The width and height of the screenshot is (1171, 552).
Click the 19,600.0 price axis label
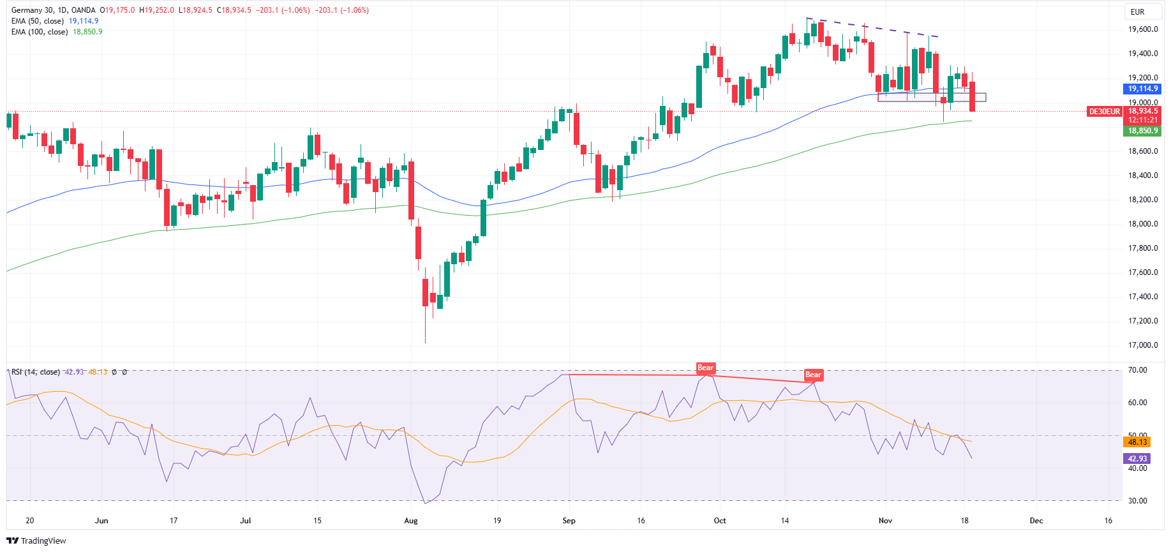pos(1143,29)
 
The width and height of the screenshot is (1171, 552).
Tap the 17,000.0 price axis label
pos(1143,345)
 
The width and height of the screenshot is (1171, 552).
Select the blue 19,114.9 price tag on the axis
pos(1142,89)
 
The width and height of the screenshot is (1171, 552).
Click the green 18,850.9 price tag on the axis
pos(1142,131)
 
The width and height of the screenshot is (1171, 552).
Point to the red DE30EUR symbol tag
pos(1104,112)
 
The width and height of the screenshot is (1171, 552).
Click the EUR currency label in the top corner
pos(1137,11)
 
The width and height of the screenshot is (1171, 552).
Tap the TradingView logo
pos(36,541)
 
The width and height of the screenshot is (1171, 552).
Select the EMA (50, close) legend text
pos(38,21)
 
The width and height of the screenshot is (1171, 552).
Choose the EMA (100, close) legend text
pos(40,32)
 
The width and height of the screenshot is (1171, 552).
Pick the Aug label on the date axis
pos(411,521)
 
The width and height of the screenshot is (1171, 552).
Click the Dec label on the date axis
pos(1036,521)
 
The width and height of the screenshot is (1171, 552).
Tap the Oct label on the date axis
pos(720,521)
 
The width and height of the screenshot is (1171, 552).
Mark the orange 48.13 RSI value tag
pos(1137,442)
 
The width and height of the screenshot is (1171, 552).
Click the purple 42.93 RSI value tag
pos(1137,458)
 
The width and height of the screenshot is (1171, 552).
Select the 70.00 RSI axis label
pos(1137,370)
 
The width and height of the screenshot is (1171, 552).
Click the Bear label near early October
pos(705,368)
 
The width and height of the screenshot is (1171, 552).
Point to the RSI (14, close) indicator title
pos(36,372)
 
